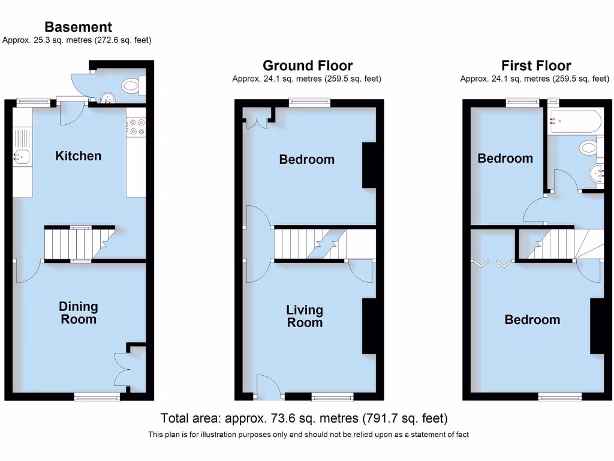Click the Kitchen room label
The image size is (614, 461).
click(78, 156)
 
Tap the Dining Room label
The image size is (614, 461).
click(78, 313)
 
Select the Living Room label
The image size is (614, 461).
click(305, 316)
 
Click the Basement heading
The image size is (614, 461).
click(78, 27)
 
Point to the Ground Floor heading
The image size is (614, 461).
click(308, 65)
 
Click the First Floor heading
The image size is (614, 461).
click(536, 65)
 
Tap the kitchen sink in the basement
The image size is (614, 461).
click(22, 157)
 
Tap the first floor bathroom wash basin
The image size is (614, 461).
click(598, 173)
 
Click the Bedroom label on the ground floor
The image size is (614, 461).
click(306, 160)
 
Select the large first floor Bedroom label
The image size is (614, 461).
click(532, 320)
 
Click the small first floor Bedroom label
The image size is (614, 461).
click(505, 158)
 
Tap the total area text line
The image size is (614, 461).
click(304, 418)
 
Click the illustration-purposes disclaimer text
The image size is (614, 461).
click(308, 435)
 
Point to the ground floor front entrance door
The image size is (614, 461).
click(268, 387)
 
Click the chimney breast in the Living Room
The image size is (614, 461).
click(369, 325)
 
